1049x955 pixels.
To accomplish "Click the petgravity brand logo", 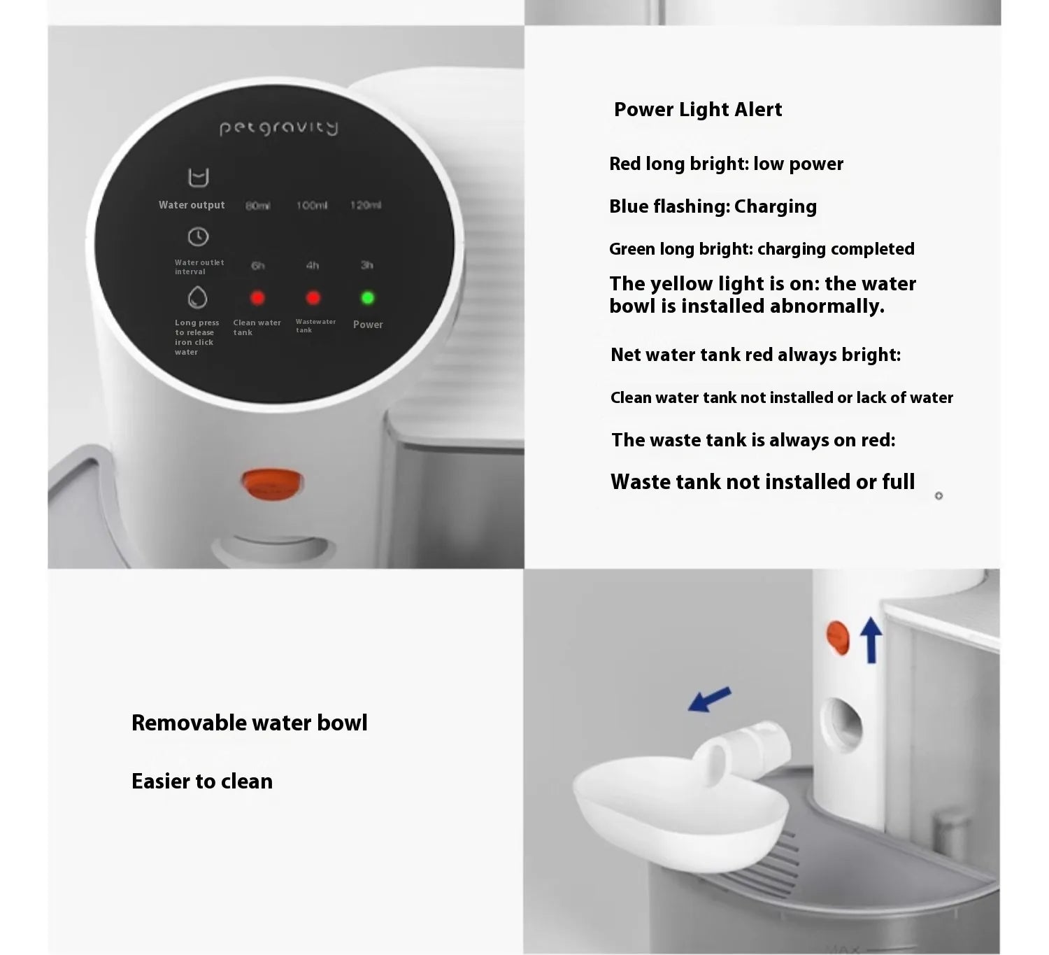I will [x=278, y=127].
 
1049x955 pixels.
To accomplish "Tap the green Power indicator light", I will [x=367, y=298].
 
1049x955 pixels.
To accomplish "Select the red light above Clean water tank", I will [x=257, y=298].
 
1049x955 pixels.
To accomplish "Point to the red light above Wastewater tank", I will [x=313, y=298].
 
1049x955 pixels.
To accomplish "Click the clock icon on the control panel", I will [x=198, y=237].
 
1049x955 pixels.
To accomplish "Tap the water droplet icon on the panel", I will [x=198, y=297].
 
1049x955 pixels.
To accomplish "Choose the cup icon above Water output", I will [x=199, y=178].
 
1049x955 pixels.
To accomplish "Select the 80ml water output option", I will [x=257, y=206].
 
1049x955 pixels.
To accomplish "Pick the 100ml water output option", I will [x=311, y=206].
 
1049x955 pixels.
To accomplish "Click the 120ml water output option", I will [x=366, y=205].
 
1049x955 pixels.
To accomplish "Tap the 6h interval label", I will [x=258, y=266].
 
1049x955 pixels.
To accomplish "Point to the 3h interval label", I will [x=366, y=265].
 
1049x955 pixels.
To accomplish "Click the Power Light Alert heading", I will [x=697, y=110].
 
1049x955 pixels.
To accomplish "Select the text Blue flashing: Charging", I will [x=713, y=206].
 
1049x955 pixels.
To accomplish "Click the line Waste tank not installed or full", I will [x=762, y=482].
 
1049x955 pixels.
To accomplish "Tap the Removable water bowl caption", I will [x=249, y=723].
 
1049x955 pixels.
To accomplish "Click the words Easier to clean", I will [x=202, y=781].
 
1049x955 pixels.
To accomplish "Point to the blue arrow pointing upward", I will [x=871, y=639].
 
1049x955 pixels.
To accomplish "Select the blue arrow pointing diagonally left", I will [x=710, y=700].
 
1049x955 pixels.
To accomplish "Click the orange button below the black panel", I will [x=272, y=484].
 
